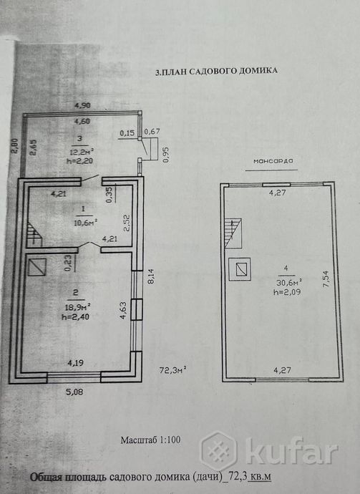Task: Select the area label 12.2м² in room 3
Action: pyautogui.click(x=82, y=151)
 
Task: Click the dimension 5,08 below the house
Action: pyautogui.click(x=75, y=392)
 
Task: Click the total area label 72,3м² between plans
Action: pyautogui.click(x=173, y=370)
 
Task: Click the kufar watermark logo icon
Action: pyautogui.click(x=218, y=450)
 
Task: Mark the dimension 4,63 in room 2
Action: pyautogui.click(x=123, y=311)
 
